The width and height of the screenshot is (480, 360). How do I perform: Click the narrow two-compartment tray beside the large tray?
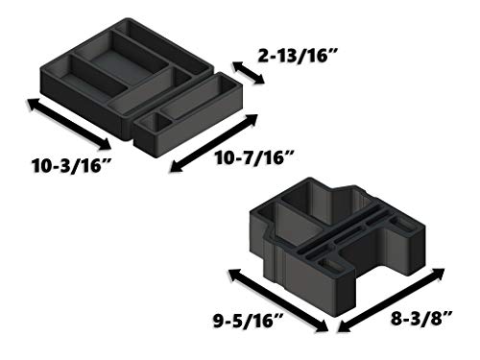pos(188,114)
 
